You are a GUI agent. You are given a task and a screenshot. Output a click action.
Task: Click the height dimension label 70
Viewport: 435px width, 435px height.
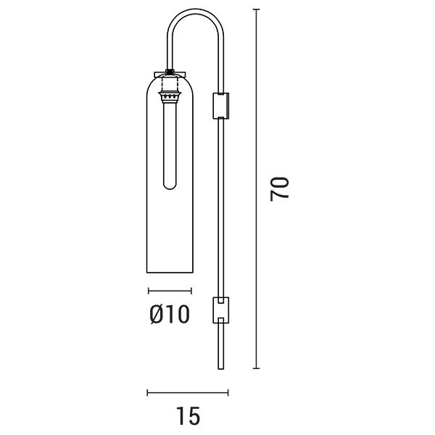pos(281,188)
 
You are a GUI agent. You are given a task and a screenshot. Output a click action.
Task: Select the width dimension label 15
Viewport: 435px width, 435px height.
pos(188,416)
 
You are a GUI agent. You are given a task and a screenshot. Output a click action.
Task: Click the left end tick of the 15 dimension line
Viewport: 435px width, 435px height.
pos(147,393)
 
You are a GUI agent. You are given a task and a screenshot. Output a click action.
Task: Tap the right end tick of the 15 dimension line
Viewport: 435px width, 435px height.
pos(228,393)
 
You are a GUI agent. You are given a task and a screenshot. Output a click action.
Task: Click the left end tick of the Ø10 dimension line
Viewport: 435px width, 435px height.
pos(148,291)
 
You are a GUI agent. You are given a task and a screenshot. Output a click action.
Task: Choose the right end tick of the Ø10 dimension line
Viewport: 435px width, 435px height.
pos(191,291)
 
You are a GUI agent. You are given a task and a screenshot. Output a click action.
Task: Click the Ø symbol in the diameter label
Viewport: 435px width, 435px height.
pos(156,314)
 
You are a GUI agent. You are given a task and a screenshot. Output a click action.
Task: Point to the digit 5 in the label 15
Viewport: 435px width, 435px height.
pos(194,416)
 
